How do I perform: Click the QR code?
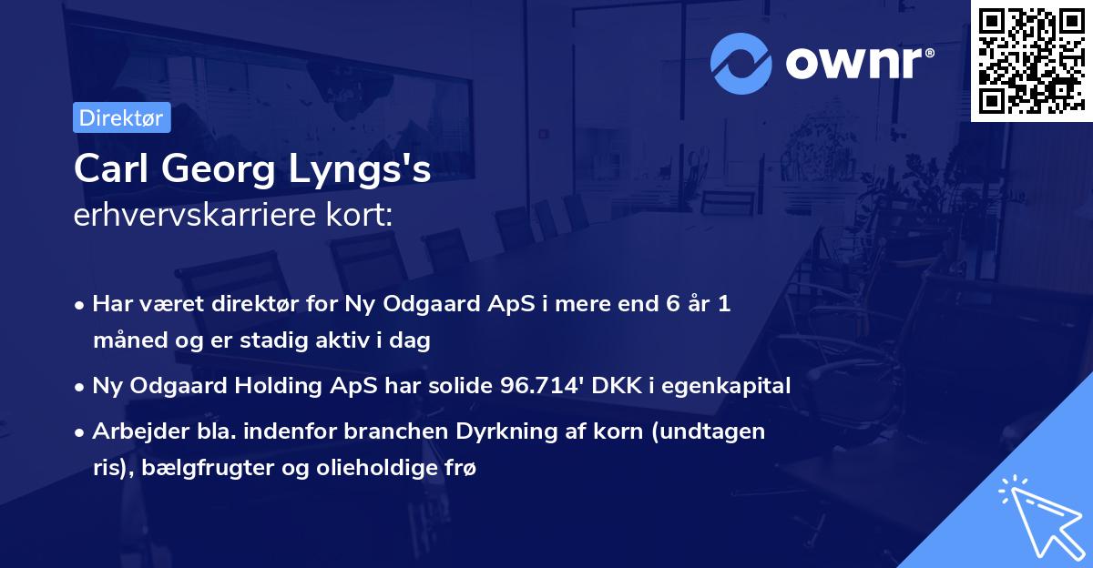1031,61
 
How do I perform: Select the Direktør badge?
121,117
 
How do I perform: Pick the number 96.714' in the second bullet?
540,386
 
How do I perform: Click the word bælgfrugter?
194,469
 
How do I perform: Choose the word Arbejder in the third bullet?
133,431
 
